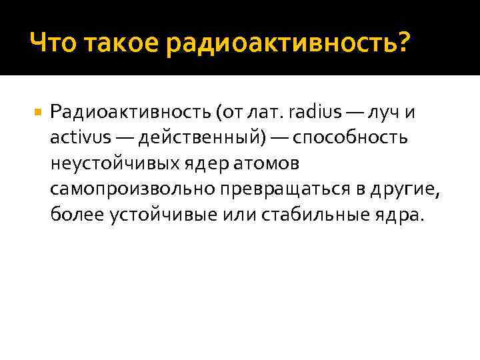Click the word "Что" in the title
[x=51, y=44]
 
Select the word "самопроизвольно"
[x=131, y=189]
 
